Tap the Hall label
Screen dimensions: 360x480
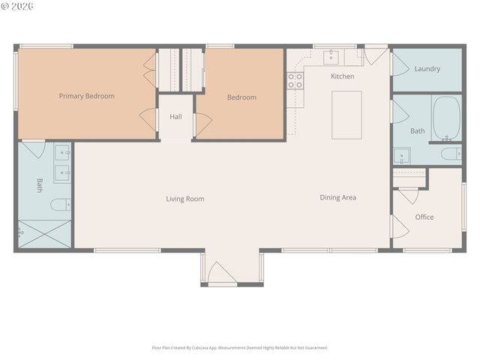175,117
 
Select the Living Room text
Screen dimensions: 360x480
185,199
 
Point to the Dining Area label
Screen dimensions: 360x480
337,198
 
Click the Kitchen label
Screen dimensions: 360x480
343,76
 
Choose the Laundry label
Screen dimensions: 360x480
427,69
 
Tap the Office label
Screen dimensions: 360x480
424,217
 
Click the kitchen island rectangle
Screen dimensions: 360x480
346,115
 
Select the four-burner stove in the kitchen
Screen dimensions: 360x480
295,81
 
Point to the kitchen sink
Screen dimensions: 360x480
331,57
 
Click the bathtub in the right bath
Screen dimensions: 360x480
447,118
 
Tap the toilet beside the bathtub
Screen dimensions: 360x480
451,154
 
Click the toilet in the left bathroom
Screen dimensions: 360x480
61,204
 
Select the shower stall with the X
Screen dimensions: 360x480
43,232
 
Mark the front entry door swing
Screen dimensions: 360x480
222,273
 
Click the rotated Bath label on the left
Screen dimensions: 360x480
40,185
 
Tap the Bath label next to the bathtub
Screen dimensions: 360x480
417,131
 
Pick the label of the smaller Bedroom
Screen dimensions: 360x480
241,97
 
